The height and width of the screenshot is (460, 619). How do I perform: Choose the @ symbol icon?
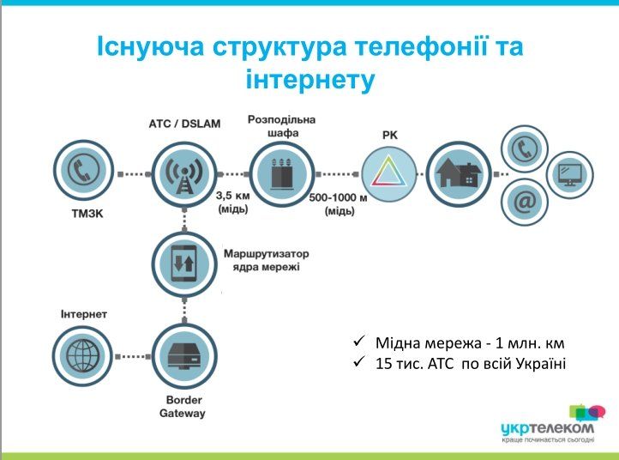tap(523, 200)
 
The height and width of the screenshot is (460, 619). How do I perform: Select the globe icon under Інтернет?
tap(83, 354)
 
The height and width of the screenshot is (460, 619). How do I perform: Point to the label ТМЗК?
tap(84, 212)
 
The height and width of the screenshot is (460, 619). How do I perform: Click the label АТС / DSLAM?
tap(184, 124)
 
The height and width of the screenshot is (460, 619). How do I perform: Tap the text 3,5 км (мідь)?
tap(232, 203)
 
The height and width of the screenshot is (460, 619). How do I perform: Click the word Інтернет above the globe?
tap(84, 314)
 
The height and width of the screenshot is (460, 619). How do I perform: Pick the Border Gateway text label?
tap(183, 407)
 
